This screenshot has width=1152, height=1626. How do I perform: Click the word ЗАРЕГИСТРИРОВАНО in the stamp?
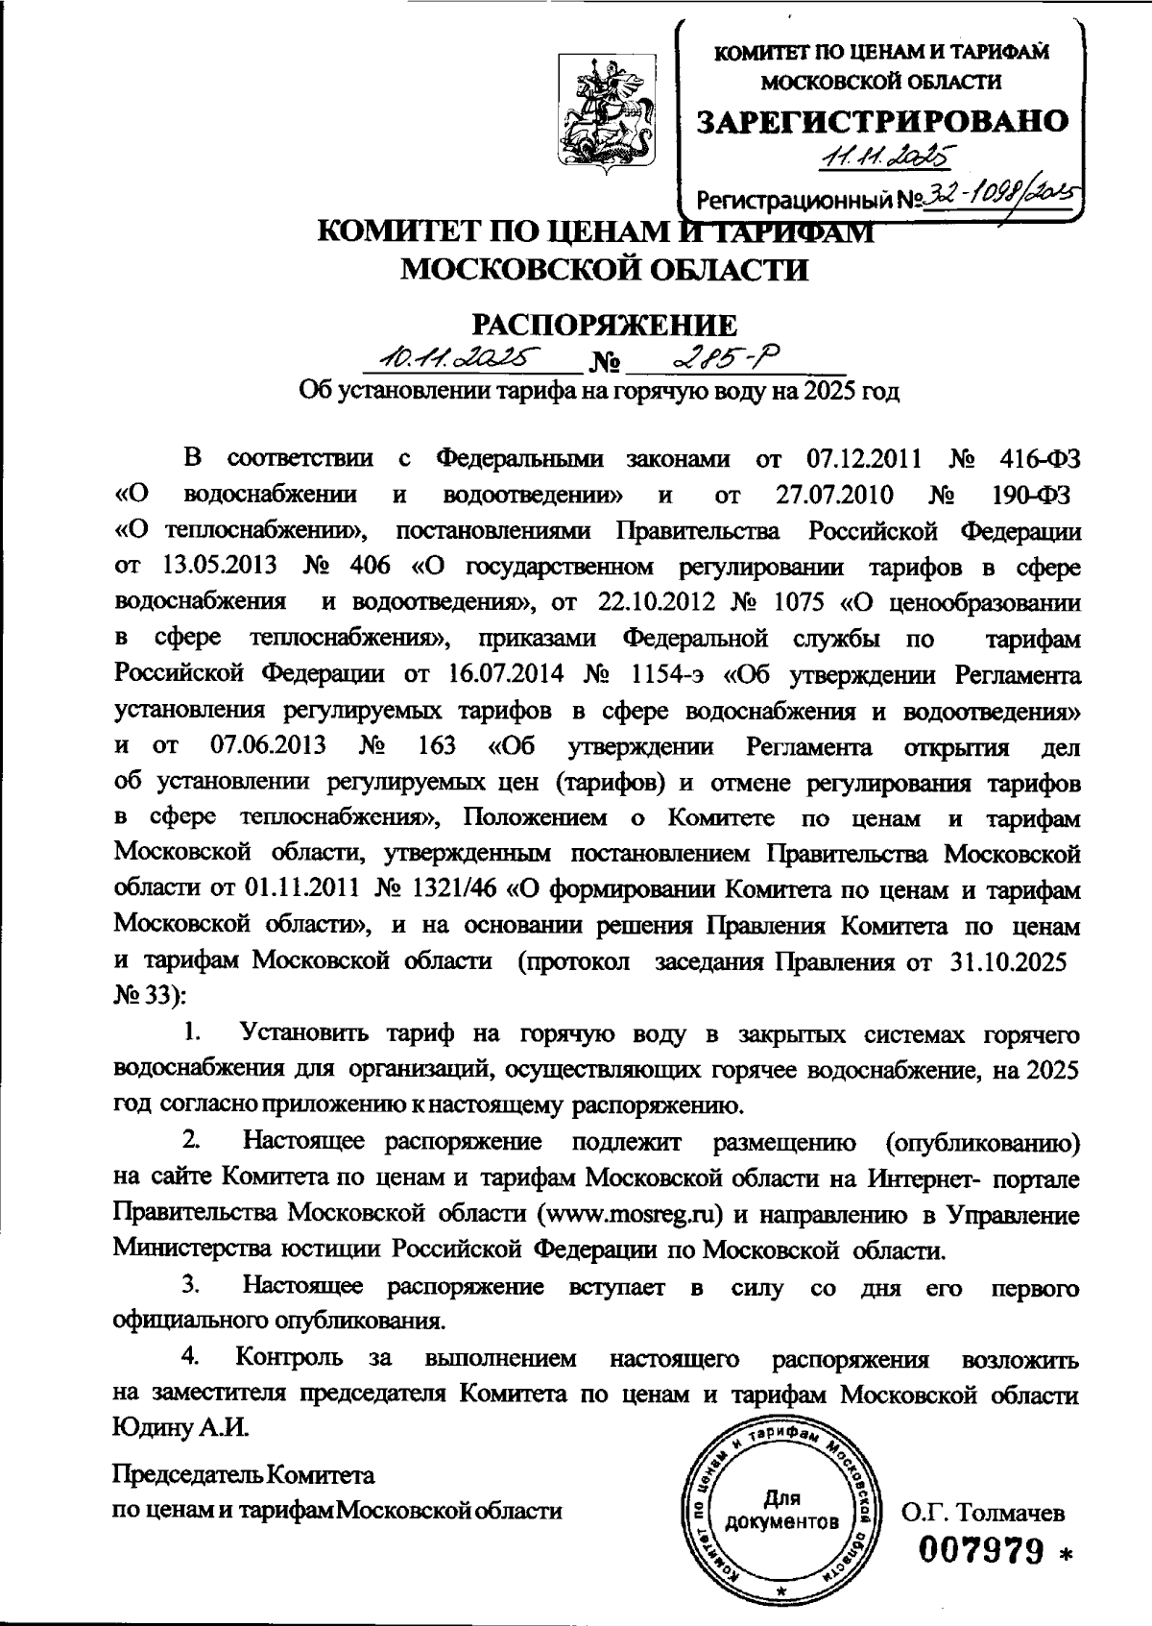coord(881,121)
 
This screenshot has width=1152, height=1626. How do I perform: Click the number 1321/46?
coord(458,891)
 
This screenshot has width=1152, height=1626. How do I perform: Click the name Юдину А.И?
coord(180,1428)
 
